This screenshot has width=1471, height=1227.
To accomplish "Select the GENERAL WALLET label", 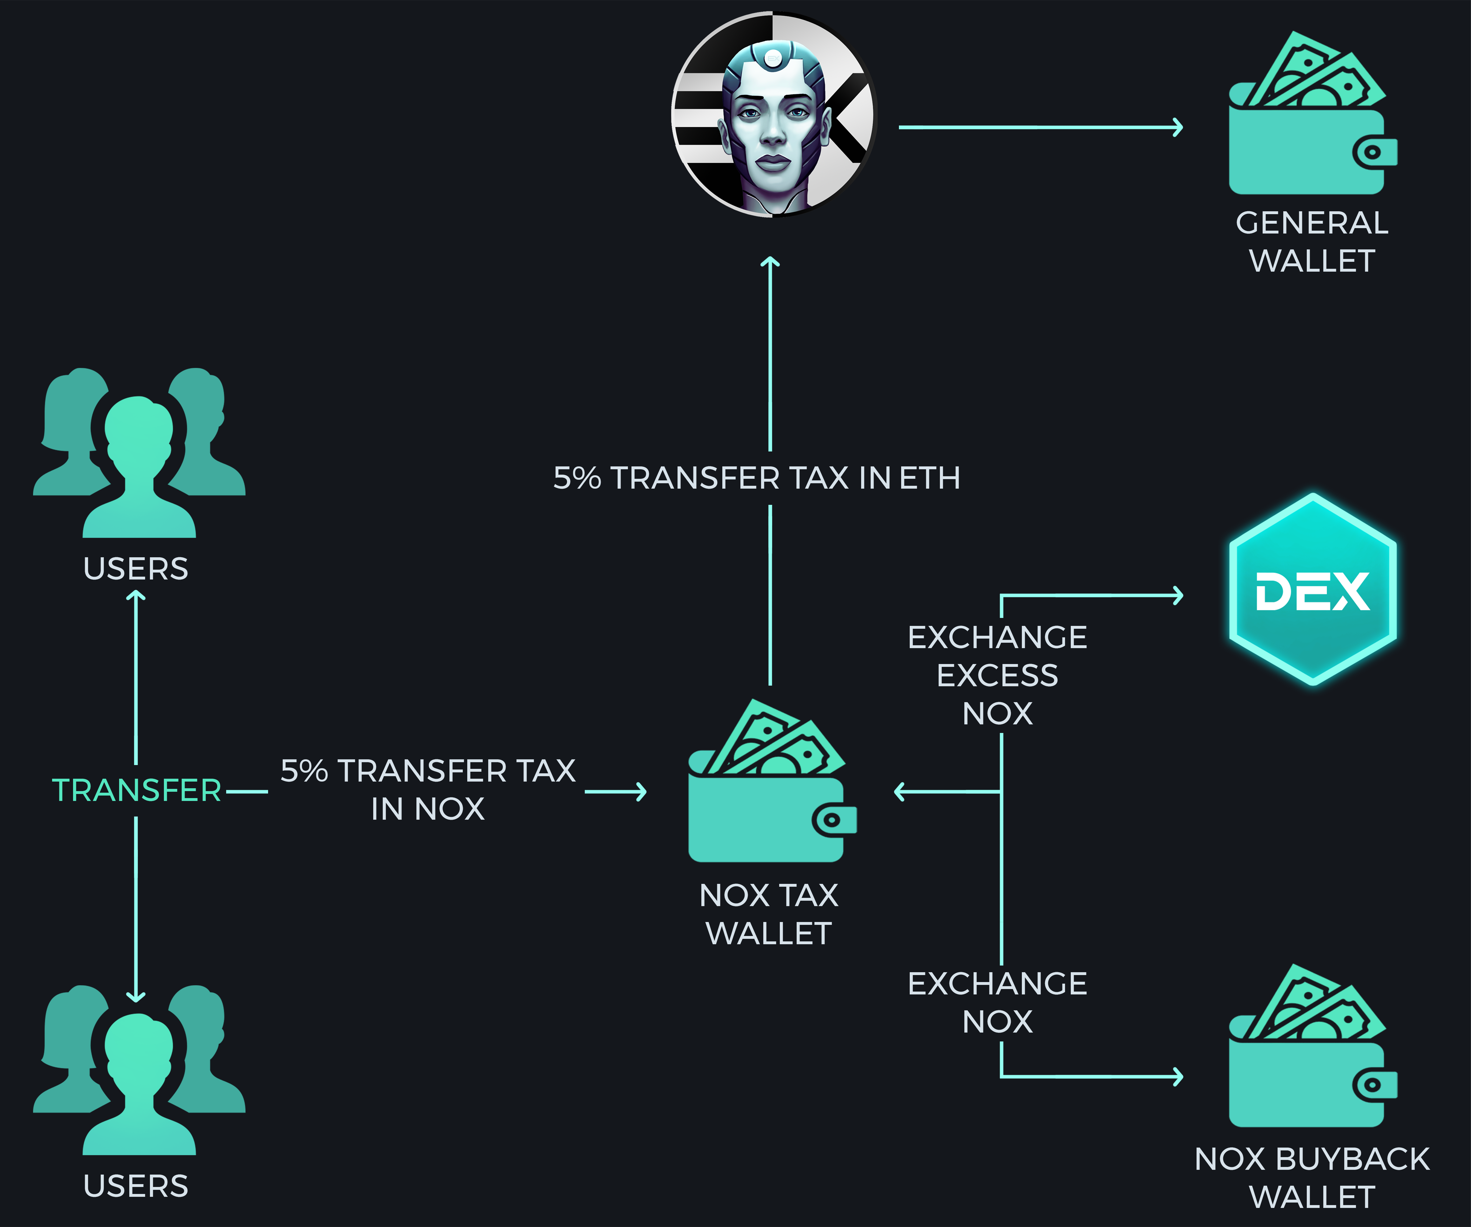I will pyautogui.click(x=1311, y=242).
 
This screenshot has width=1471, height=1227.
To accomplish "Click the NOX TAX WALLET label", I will pyautogui.click(x=769, y=914).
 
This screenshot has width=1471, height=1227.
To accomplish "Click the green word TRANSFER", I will pyautogui.click(x=137, y=790).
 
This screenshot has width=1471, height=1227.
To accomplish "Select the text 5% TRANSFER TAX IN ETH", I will pyautogui.click(x=757, y=478).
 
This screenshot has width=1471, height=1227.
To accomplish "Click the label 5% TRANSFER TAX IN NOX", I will pyautogui.click(x=428, y=790).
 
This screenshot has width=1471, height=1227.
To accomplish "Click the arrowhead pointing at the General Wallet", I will pyautogui.click(x=1178, y=127).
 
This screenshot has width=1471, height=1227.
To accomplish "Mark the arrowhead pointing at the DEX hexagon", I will pyautogui.click(x=1178, y=596).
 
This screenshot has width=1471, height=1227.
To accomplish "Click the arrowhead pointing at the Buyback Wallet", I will pyautogui.click(x=1178, y=1076).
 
